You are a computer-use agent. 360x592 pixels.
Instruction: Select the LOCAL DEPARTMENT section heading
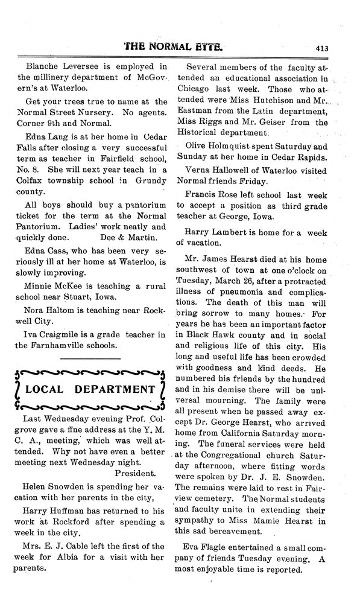[x=87, y=389]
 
